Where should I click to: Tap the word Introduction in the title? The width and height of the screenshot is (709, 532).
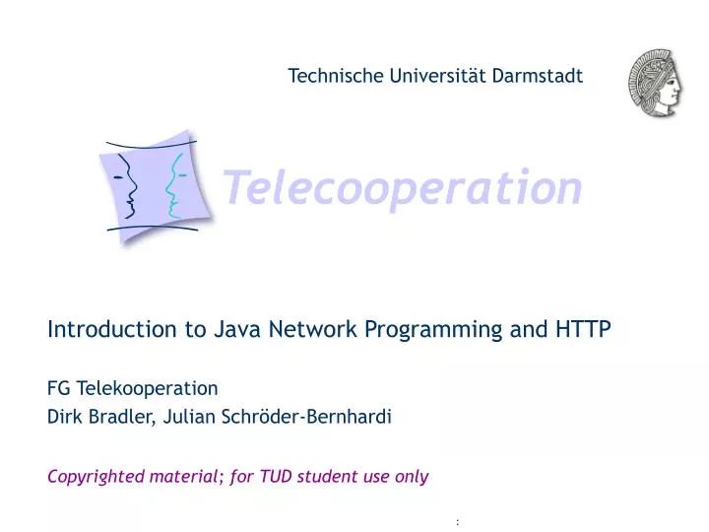(x=112, y=330)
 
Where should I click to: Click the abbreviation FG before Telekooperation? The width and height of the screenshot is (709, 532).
(x=58, y=387)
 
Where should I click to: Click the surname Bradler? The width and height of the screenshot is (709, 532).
(x=119, y=417)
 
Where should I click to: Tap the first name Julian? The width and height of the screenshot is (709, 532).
(x=190, y=417)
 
